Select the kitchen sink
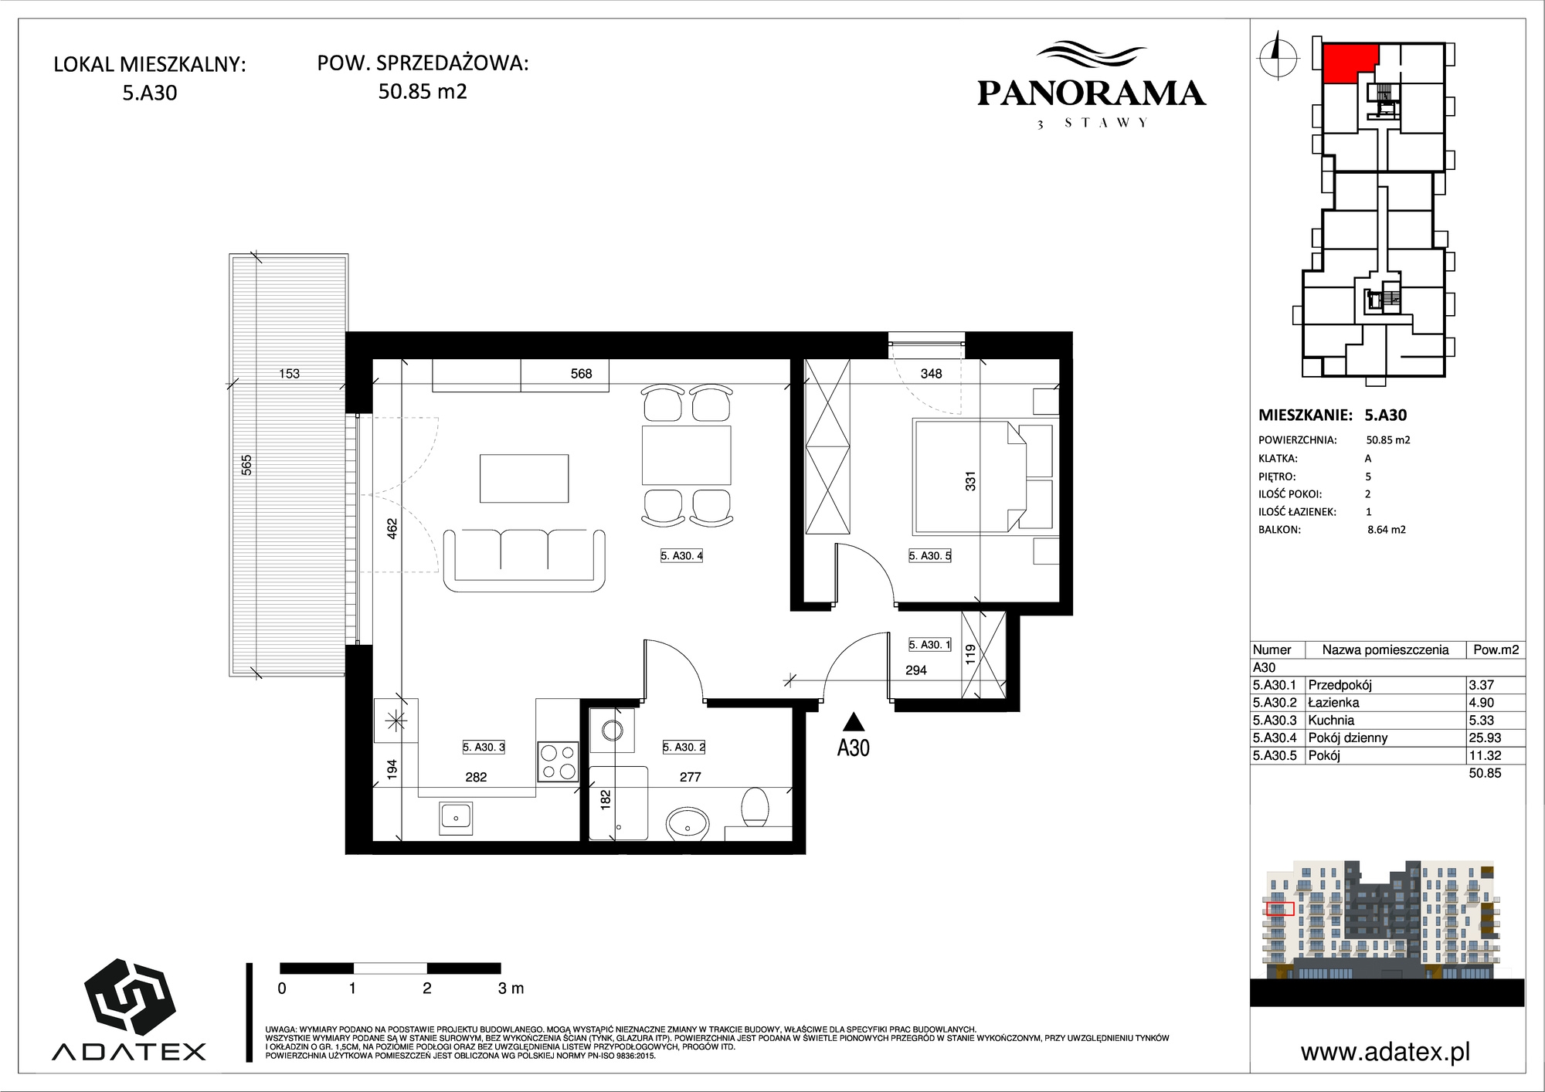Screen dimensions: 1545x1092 click(x=457, y=818)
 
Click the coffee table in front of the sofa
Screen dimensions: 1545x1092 click(x=525, y=479)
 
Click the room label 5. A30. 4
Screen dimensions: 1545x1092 click(x=681, y=555)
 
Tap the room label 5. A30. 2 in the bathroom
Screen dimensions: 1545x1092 click(x=684, y=747)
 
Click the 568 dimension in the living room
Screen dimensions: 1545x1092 click(x=581, y=374)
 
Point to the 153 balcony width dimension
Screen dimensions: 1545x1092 click(x=289, y=374)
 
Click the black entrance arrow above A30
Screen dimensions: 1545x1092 click(x=853, y=721)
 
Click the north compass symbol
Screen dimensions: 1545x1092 click(x=1278, y=55)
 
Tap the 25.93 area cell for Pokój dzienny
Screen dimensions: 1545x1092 click(x=1485, y=738)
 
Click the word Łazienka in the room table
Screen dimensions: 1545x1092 click(x=1333, y=702)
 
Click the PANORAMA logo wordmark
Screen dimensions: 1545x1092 click(x=1092, y=93)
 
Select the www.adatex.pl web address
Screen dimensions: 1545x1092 click(x=1385, y=1052)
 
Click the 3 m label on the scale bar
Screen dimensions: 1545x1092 click(x=511, y=988)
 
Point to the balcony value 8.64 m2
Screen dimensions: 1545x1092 click(x=1387, y=530)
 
